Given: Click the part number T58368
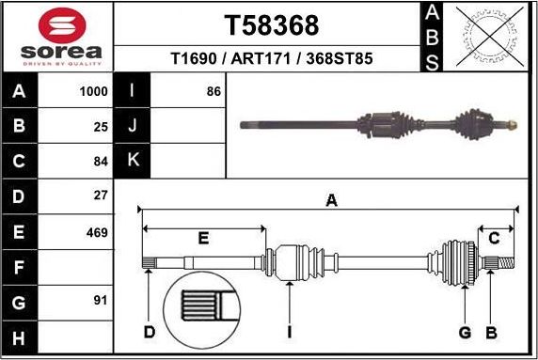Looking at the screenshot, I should tap(271, 24).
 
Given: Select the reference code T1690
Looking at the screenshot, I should tap(194, 58).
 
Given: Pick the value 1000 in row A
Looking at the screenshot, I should tap(94, 92).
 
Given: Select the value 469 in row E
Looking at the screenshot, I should tap(97, 232).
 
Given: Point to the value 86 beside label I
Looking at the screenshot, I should tap(213, 92).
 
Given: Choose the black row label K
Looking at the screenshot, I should tap(133, 161).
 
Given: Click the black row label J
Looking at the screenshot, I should tap(133, 126).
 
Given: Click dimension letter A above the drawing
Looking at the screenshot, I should tap(331, 199).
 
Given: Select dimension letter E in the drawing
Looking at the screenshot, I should tap(202, 239).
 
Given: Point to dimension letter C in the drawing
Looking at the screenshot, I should tap(493, 239).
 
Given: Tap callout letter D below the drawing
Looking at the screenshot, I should tap(149, 331).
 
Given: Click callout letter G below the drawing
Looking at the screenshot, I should tap(464, 331).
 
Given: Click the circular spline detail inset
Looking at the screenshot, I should tap(203, 311).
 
